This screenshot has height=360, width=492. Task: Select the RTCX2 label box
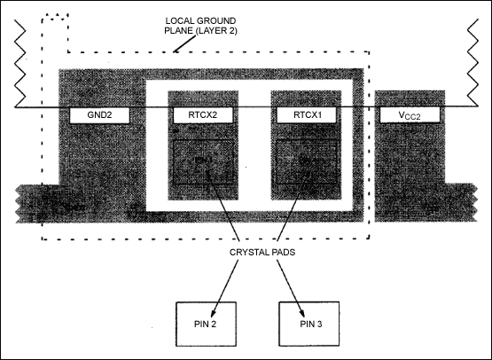click(x=203, y=115)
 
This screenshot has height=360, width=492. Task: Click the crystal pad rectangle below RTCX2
click(x=203, y=161)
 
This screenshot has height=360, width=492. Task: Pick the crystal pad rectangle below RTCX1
click(x=305, y=161)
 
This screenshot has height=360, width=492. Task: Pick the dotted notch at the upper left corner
click(x=53, y=27)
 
